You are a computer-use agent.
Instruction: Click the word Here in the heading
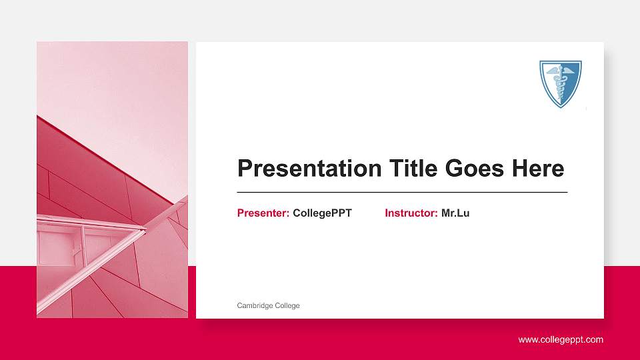[537, 169]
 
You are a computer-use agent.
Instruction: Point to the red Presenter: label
[263, 213]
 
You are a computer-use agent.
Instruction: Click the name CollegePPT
[322, 213]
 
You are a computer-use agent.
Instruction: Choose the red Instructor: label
[411, 213]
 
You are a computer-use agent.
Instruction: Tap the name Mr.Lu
[455, 213]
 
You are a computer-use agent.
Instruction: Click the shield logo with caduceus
[560, 83]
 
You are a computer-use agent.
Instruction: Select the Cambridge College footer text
[268, 305]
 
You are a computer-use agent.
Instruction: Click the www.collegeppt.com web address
[561, 340]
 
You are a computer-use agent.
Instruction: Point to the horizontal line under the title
[402, 192]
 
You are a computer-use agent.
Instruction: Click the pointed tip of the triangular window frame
[145, 230]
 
